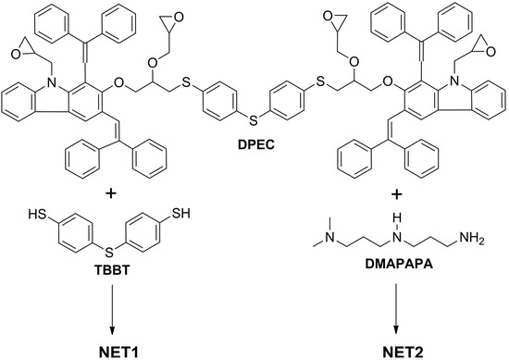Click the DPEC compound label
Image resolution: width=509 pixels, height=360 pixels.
click(x=254, y=146)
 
